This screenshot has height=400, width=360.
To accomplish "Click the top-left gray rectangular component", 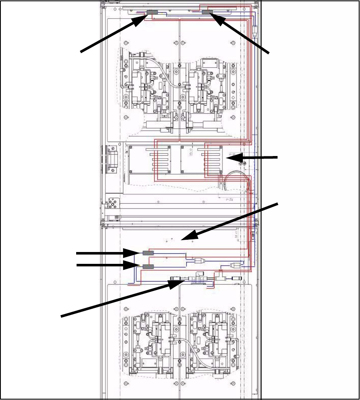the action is [152, 13].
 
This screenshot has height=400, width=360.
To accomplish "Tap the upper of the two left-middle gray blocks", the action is [148, 253].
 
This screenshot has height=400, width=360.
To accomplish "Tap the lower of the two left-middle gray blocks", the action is [148, 266].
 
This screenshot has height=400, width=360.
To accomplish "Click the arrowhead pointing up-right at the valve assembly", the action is [178, 282].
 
